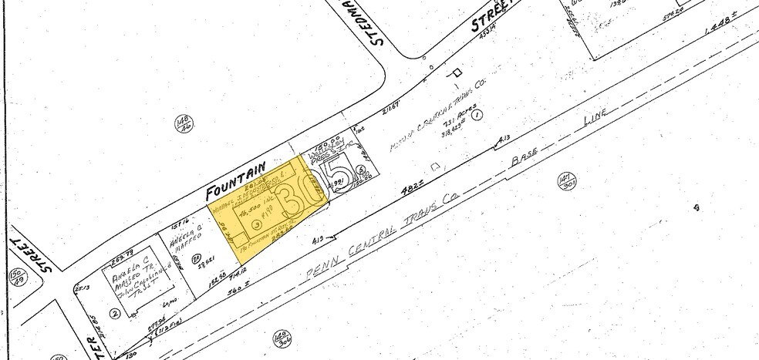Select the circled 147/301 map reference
(567, 183)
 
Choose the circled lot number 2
(115, 312)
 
